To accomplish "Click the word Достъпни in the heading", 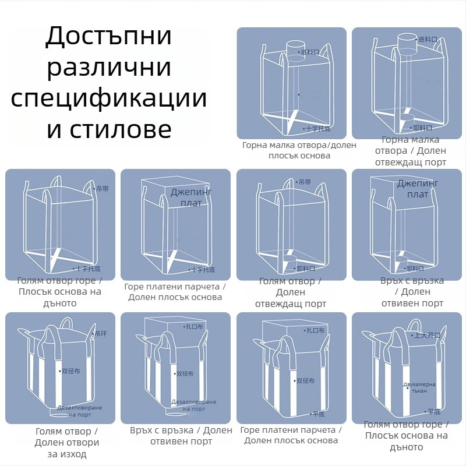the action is click(x=109, y=37).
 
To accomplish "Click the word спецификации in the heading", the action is click(x=109, y=98).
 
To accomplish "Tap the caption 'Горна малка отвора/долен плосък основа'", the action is click(x=299, y=150).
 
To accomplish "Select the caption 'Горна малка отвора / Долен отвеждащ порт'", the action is click(x=411, y=151).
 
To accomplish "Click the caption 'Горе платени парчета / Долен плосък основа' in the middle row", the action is click(x=175, y=292).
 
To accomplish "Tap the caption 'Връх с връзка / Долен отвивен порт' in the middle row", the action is click(x=412, y=292).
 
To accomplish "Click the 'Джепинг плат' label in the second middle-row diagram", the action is click(x=191, y=197).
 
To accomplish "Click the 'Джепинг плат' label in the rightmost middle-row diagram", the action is click(x=417, y=189).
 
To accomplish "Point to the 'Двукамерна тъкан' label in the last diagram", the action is click(x=419, y=387).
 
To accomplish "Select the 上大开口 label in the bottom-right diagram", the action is click(x=426, y=336).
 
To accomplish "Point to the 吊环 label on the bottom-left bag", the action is click(x=100, y=334).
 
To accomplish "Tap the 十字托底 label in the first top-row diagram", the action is click(x=318, y=128).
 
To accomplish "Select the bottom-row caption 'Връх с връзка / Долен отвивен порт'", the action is click(x=181, y=436).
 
